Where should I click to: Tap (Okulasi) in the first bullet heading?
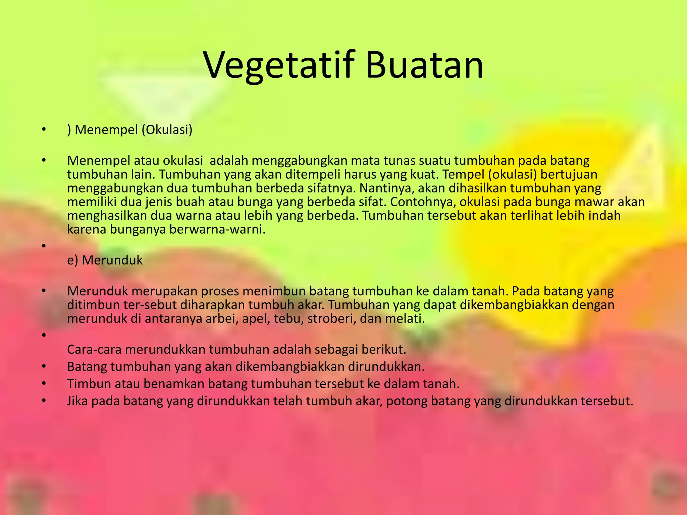pyautogui.click(x=167, y=129)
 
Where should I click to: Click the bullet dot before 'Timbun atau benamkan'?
pyautogui.click(x=43, y=383)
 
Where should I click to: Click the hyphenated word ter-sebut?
pyautogui.click(x=151, y=305)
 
